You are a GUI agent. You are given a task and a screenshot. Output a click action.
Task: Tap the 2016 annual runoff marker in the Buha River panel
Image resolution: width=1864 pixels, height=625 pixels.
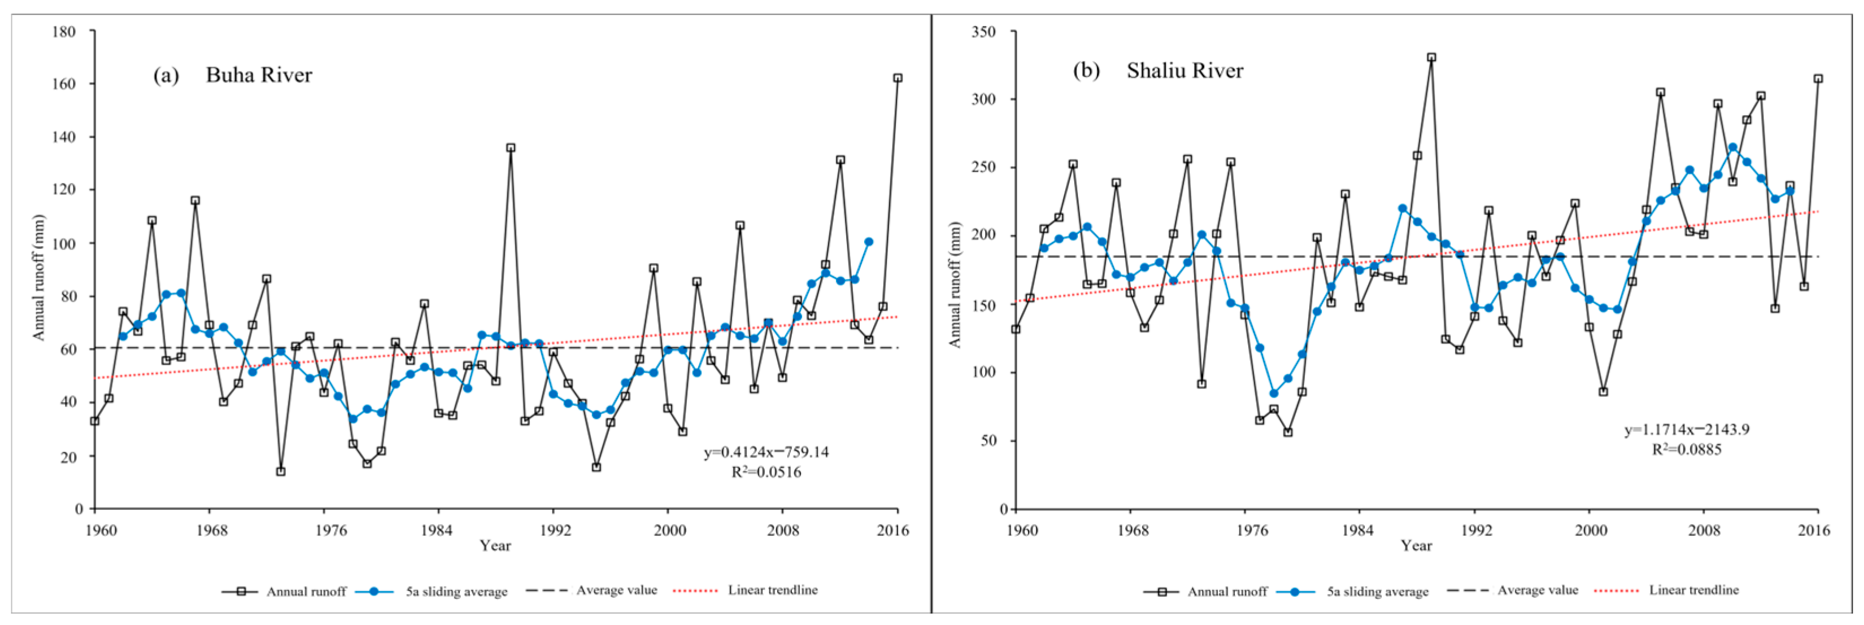[898, 78]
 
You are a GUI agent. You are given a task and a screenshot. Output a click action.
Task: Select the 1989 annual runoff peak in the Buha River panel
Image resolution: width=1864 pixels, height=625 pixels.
[511, 147]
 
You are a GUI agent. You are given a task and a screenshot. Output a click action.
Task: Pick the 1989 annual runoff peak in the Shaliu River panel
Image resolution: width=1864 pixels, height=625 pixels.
[1431, 57]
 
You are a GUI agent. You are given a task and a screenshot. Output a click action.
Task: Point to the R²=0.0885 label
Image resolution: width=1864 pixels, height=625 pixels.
[1686, 449]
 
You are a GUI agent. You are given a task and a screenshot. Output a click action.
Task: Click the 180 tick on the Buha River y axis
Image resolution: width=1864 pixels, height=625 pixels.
[64, 32]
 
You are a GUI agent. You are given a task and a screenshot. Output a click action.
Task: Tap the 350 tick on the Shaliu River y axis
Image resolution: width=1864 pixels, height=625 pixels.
[983, 32]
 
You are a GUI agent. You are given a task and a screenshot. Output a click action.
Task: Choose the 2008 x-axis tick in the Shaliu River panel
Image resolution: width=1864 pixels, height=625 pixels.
[1704, 530]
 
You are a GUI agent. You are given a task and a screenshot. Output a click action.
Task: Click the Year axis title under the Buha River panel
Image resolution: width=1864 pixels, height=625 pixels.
[495, 545]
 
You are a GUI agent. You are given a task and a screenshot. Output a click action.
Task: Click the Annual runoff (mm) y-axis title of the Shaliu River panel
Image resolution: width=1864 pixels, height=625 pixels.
[955, 285]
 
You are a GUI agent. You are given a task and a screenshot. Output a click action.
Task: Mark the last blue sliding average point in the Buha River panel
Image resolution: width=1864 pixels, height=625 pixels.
[868, 242]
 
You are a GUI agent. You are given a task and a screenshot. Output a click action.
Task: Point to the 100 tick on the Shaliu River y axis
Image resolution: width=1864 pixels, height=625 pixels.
[983, 373]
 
